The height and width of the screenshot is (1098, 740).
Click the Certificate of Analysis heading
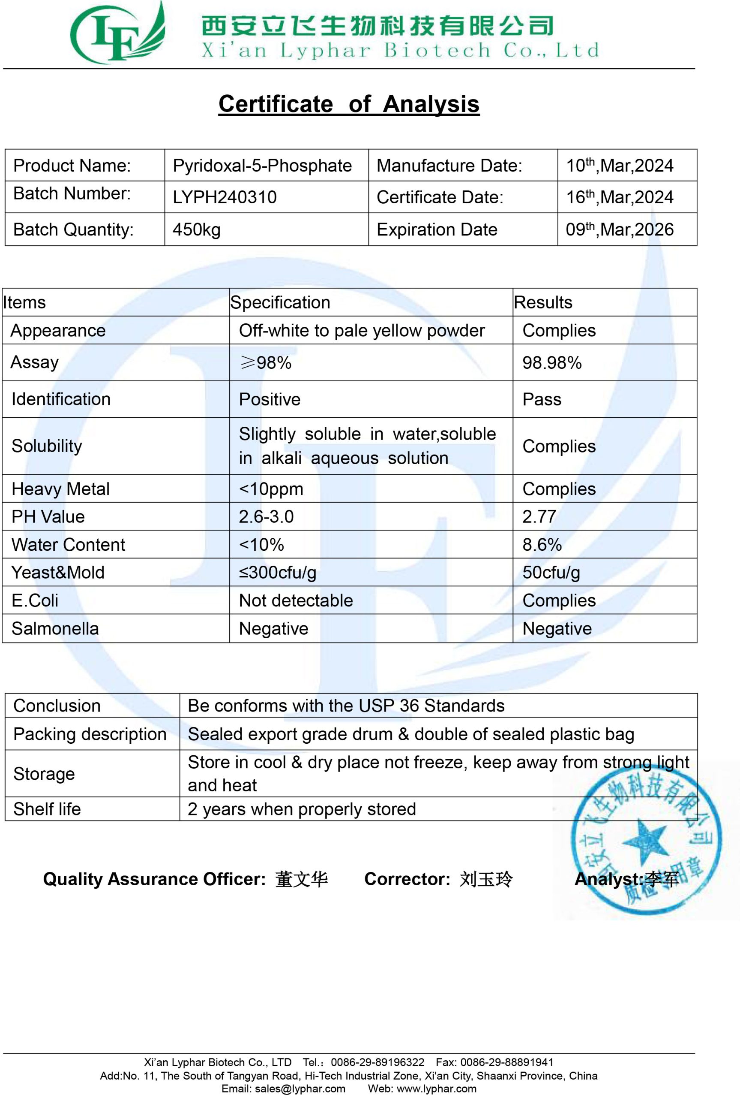click(x=349, y=104)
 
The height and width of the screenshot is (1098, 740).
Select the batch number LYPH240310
click(x=225, y=197)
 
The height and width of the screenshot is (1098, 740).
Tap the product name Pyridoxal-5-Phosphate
click(x=262, y=166)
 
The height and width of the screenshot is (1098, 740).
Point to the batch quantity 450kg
click(x=196, y=230)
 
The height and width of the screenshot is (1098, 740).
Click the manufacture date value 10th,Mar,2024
click(x=620, y=165)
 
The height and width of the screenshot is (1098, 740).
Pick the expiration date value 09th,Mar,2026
click(x=620, y=229)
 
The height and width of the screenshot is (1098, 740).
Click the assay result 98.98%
click(x=552, y=363)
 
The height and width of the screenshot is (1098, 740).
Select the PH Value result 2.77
click(x=539, y=517)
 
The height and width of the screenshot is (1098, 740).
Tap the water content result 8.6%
click(x=542, y=545)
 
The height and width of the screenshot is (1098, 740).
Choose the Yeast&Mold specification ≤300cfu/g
click(x=278, y=573)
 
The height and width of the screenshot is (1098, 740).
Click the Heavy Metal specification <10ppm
click(x=271, y=489)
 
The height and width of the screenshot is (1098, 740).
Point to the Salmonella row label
click(x=55, y=629)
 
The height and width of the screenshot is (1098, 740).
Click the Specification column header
click(x=280, y=302)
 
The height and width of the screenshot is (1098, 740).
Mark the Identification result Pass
click(x=542, y=400)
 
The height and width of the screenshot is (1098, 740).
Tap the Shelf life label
click(x=47, y=809)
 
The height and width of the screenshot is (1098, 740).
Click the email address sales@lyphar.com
click(x=300, y=1089)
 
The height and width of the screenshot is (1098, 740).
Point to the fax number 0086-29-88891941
click(x=506, y=1062)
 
